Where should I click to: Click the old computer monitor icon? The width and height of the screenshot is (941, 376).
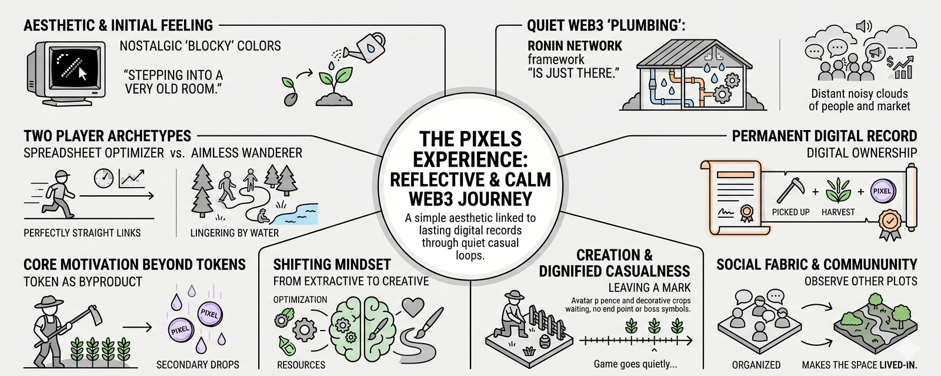(65, 74)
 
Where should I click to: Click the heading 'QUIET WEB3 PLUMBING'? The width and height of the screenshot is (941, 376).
(606, 25)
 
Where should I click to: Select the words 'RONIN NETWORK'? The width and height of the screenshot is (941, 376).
(575, 46)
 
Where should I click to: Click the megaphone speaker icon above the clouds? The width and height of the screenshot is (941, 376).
(863, 26)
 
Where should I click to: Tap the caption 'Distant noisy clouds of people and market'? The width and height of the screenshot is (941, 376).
(859, 100)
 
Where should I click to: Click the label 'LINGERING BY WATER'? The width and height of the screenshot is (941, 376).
(234, 233)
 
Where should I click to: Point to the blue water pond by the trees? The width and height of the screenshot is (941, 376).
(297, 212)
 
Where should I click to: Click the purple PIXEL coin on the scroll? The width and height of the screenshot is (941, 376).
(882, 191)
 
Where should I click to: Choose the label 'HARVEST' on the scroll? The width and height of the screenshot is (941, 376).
(838, 212)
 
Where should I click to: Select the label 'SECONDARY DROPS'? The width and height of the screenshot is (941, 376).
(198, 365)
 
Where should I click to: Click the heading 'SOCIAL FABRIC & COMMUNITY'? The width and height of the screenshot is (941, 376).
(816, 265)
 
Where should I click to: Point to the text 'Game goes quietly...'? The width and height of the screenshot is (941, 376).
(635, 364)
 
